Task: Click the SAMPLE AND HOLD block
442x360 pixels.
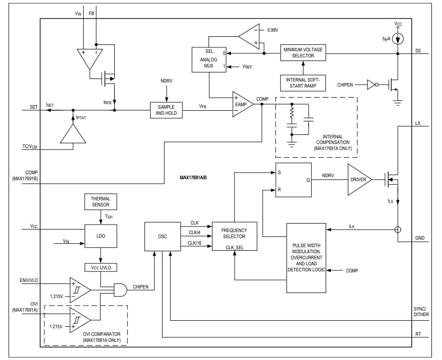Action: (x=166, y=110)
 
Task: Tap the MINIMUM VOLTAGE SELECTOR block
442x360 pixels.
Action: (x=303, y=52)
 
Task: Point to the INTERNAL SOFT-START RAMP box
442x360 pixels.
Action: (x=303, y=83)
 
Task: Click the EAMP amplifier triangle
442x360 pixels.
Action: (x=242, y=105)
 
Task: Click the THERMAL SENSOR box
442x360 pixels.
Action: (x=101, y=202)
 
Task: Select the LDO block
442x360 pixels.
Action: (x=101, y=236)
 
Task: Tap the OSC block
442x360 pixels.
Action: (x=163, y=236)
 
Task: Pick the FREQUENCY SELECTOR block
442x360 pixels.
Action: (x=234, y=236)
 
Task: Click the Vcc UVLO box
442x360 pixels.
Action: (x=101, y=267)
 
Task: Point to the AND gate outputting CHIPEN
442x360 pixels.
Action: (x=121, y=289)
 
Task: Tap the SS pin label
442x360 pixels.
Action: (x=418, y=51)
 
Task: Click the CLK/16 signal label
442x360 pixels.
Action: (x=194, y=243)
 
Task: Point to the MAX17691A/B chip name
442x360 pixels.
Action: (x=194, y=177)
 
